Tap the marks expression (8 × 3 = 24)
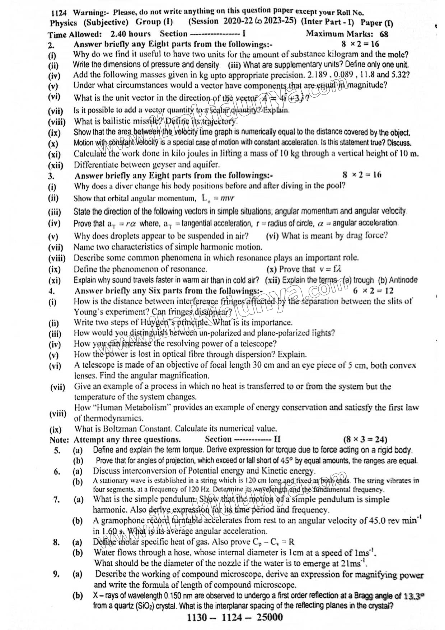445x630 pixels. (x=365, y=440)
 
